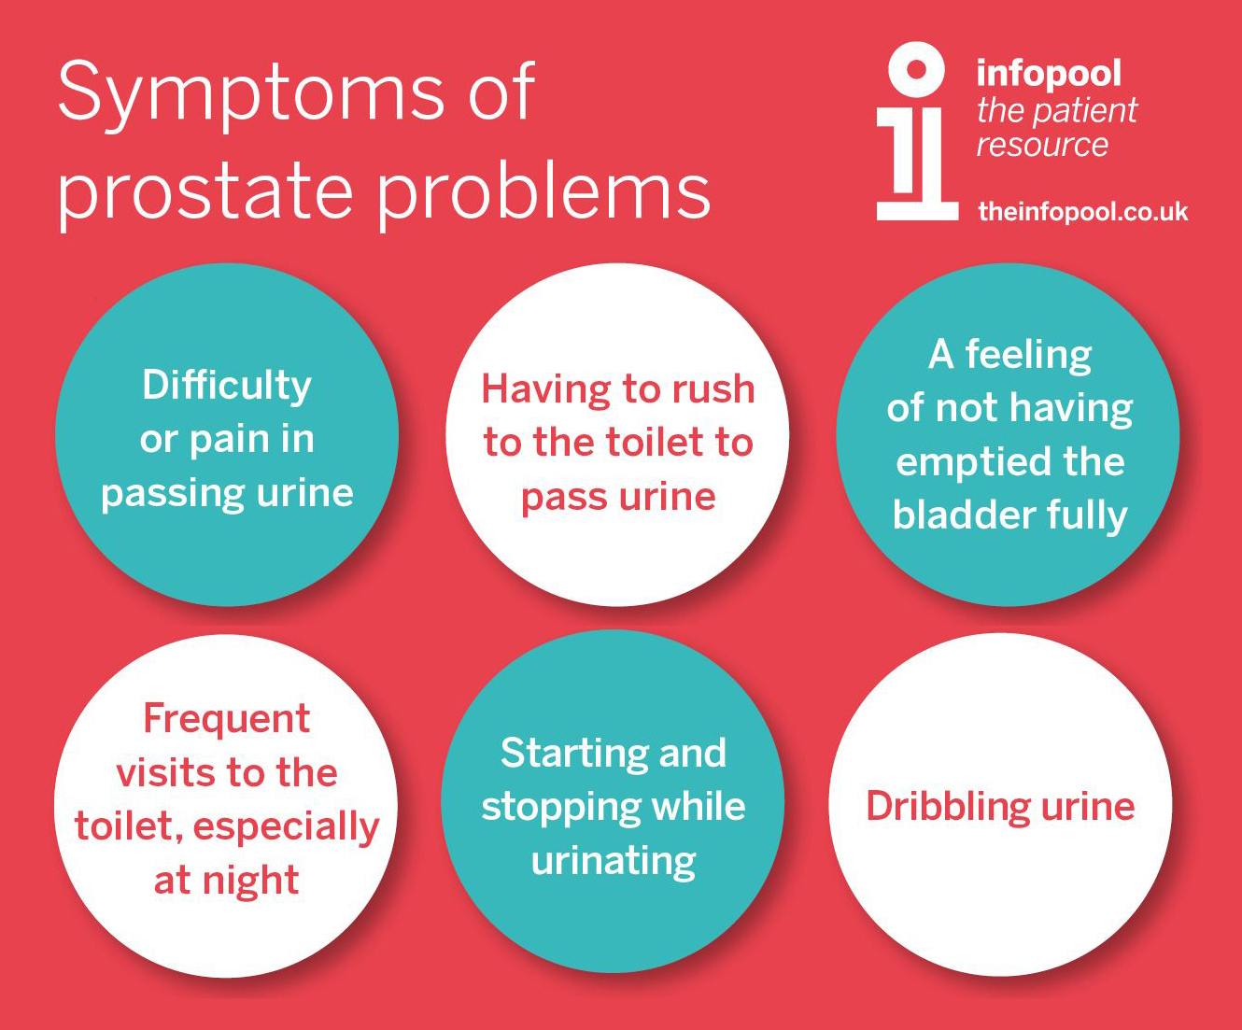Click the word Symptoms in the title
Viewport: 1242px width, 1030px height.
pyautogui.click(x=251, y=95)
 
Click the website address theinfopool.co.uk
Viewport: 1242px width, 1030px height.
pyautogui.click(x=1082, y=212)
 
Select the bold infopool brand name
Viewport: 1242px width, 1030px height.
pyautogui.click(x=1049, y=74)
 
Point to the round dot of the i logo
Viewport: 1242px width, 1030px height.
pyautogui.click(x=916, y=69)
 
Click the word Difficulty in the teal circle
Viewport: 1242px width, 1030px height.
pyautogui.click(x=227, y=387)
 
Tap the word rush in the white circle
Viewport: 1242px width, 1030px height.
pyautogui.click(x=713, y=389)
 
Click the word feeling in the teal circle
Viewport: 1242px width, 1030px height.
pyautogui.click(x=1028, y=356)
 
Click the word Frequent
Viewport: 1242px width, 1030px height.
pyautogui.click(x=227, y=718)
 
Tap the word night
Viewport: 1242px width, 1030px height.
pyautogui.click(x=250, y=881)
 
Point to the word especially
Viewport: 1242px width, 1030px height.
pyautogui.click(x=286, y=828)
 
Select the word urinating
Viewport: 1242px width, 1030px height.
pyautogui.click(x=614, y=862)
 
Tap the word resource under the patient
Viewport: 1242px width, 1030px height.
pyautogui.click(x=1042, y=145)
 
